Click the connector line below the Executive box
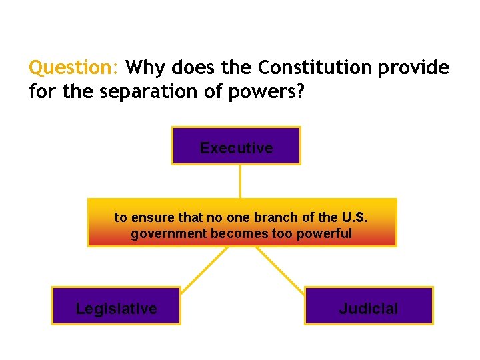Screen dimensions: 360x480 240,181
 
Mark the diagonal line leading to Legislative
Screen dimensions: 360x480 204,267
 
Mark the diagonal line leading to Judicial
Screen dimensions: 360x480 280,267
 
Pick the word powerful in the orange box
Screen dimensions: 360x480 326,234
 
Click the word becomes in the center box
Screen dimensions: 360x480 233,234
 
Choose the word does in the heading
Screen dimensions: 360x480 189,68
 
